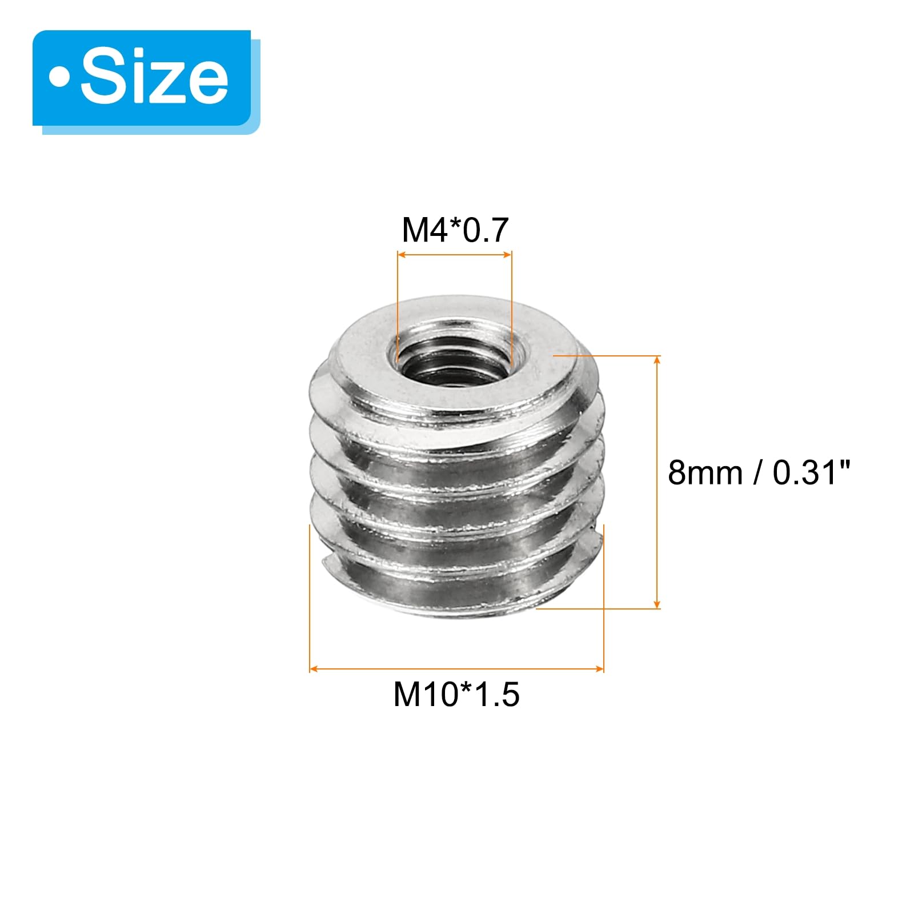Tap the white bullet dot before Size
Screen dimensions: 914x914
tap(59, 78)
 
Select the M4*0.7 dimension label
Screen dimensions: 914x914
tap(455, 230)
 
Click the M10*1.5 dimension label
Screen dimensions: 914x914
tap(456, 695)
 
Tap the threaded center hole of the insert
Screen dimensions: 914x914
tap(455, 358)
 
